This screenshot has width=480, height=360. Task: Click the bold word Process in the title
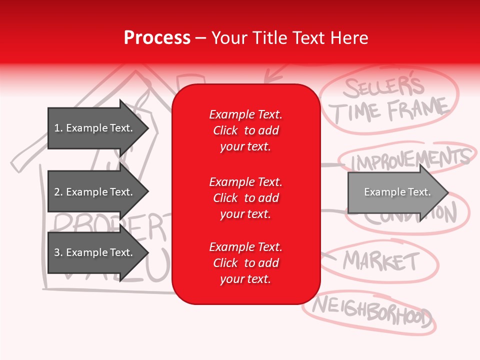pyautogui.click(x=157, y=38)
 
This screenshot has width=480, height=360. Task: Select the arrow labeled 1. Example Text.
pyautogui.click(x=95, y=128)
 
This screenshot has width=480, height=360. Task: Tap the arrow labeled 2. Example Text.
pyautogui.click(x=95, y=192)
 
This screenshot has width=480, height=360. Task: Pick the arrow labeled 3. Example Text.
pyautogui.click(x=95, y=252)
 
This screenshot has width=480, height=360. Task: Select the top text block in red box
pyautogui.click(x=245, y=130)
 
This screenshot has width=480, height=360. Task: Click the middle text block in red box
pyautogui.click(x=245, y=198)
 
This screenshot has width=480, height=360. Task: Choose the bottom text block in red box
pyautogui.click(x=245, y=263)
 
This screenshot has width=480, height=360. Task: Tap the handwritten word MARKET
pyautogui.click(x=381, y=260)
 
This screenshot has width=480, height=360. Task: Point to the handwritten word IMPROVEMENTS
pyautogui.click(x=411, y=159)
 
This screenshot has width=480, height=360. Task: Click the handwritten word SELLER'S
pyautogui.click(x=384, y=87)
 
